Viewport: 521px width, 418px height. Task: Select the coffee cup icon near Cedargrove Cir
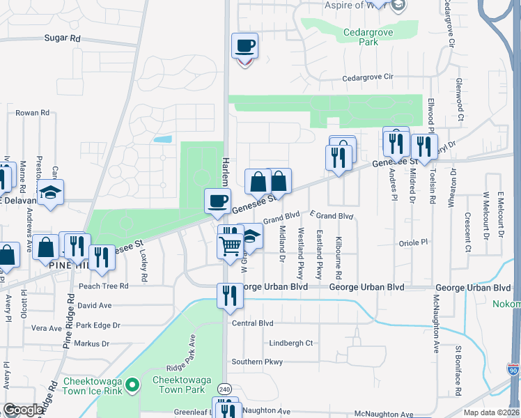[244, 47]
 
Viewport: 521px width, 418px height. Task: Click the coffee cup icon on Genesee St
[217, 201]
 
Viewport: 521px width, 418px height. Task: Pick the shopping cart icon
[230, 245]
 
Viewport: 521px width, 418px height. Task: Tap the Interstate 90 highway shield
[513, 370]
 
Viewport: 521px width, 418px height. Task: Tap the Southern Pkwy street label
[257, 362]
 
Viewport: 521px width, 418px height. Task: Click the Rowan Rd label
[32, 112]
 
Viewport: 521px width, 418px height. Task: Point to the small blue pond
[162, 139]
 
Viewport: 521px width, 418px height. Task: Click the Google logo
[23, 410]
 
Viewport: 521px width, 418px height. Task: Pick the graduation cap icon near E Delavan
[50, 193]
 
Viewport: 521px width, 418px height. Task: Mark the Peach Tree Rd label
[104, 286]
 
